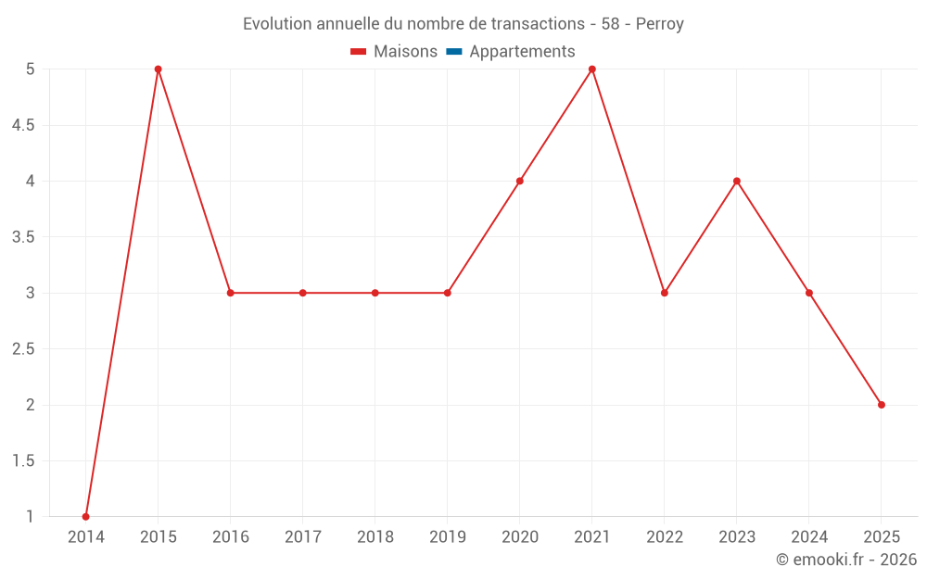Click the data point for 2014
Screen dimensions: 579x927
tap(86, 517)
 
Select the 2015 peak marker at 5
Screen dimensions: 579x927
tap(159, 69)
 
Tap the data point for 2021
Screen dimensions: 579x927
tap(592, 69)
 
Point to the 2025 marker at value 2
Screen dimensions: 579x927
tap(882, 405)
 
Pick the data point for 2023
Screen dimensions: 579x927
tap(737, 181)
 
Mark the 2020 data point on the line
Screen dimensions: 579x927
tap(520, 181)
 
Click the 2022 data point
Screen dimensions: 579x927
tap(665, 293)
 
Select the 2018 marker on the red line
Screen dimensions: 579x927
tap(375, 293)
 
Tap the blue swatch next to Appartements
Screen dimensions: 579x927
tap(453, 52)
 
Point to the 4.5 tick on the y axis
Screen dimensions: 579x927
tap(23, 125)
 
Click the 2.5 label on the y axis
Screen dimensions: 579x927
tap(23, 349)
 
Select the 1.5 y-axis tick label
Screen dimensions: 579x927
tap(23, 461)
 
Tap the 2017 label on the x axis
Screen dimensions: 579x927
tap(303, 537)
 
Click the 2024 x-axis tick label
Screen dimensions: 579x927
tap(809, 537)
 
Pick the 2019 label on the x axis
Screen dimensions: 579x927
tap(448, 537)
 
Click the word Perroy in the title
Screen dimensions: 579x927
tap(659, 24)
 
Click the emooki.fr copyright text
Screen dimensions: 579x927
tap(846, 560)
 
